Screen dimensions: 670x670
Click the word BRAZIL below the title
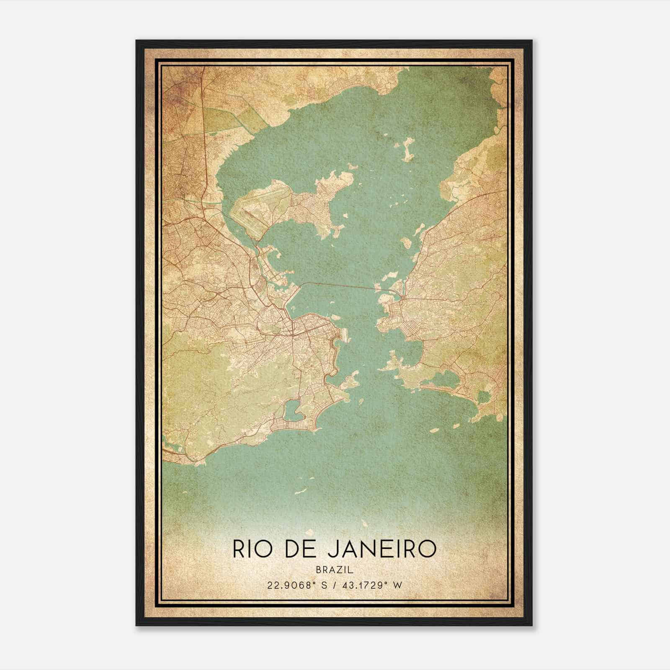click(335, 570)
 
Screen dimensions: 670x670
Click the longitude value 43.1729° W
click(370, 585)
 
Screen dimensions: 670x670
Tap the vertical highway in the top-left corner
click(203, 126)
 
